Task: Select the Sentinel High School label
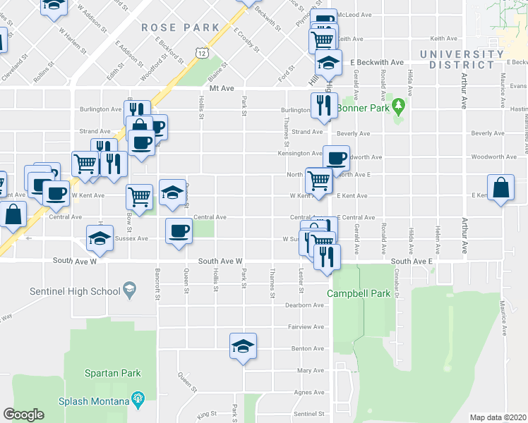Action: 76,290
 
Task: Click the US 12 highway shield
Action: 202,54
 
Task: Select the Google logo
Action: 23,415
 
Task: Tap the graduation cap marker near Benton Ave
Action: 243,346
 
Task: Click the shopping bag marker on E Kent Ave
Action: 500,189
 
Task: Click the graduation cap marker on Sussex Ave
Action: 100,238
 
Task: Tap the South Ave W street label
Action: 220,261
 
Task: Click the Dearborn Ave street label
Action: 304,305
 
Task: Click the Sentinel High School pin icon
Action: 128,288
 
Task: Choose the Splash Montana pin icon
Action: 137,400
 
